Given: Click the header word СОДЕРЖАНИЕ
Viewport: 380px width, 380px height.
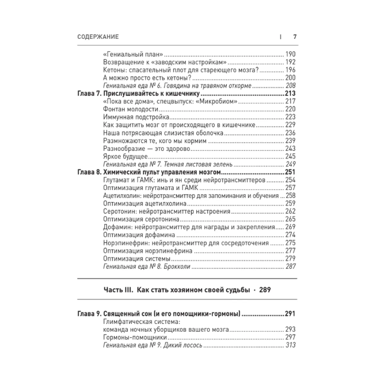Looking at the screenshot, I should [98, 37].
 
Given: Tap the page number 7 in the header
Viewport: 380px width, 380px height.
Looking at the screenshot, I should [294, 37].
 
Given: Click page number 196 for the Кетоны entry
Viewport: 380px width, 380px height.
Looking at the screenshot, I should [290, 70].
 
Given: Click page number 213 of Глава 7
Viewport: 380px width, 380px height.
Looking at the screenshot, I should [290, 94].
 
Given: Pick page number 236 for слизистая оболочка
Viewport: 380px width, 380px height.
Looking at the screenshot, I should [290, 133].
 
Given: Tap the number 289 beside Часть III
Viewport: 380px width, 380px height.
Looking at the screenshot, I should [265, 290].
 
